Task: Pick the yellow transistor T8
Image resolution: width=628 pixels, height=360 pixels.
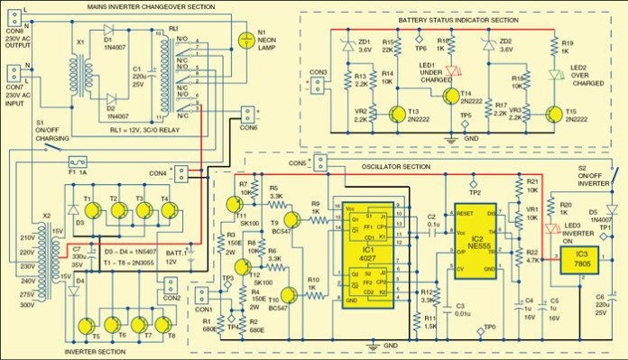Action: tap(165, 325)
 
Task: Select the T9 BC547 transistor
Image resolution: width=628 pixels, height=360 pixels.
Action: tap(291, 220)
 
